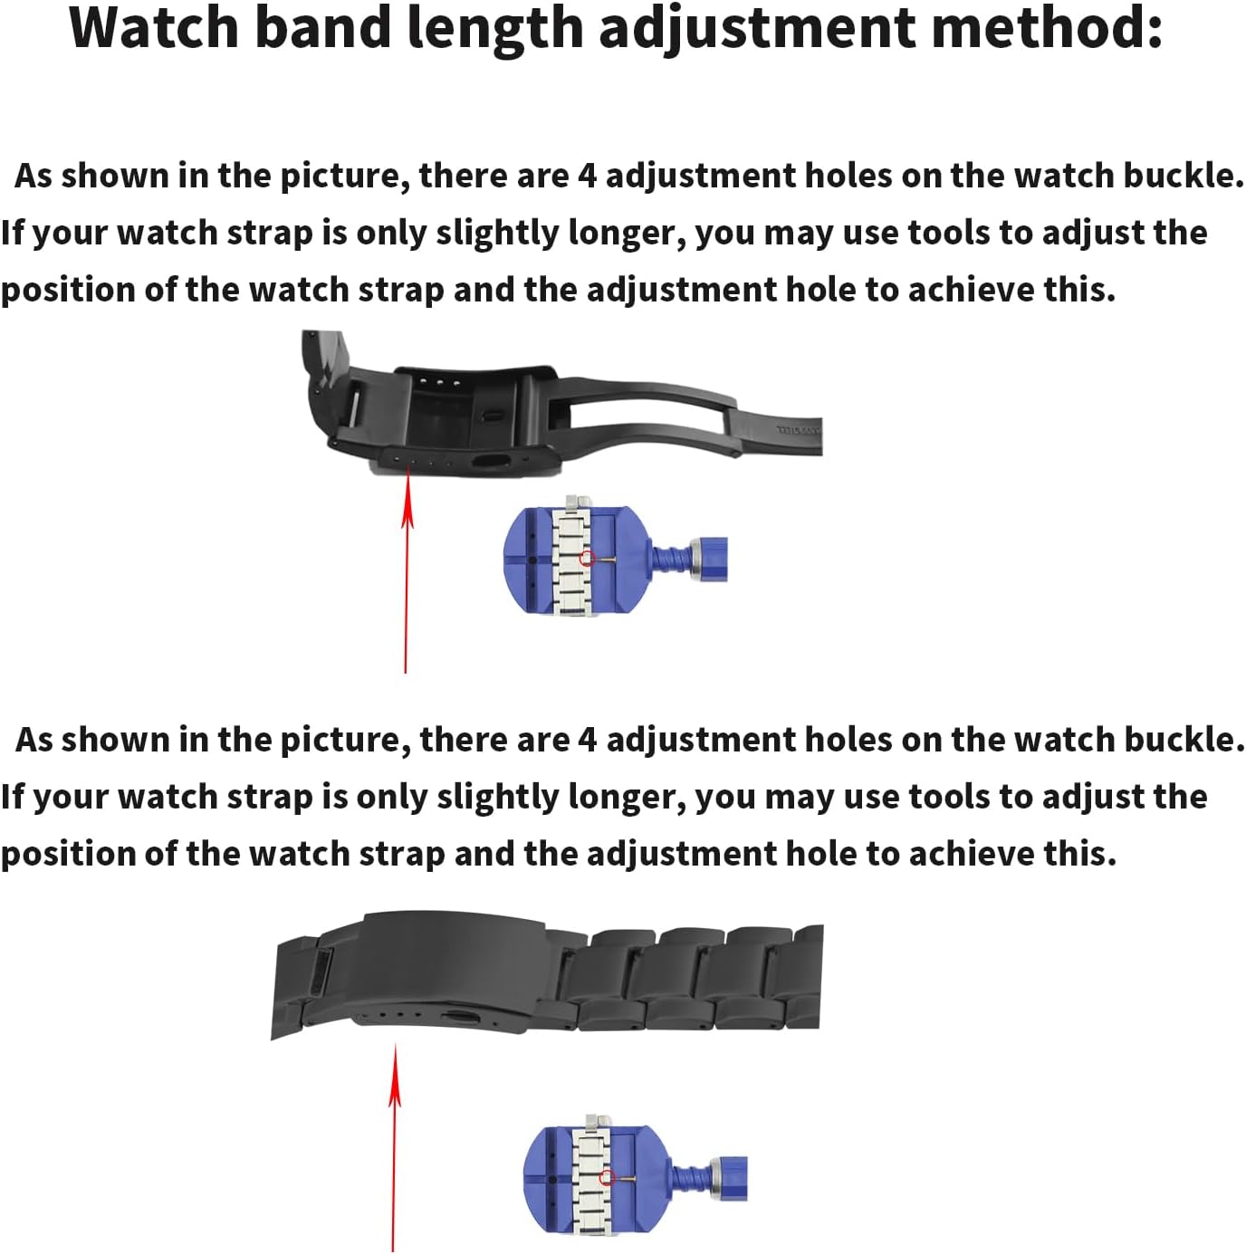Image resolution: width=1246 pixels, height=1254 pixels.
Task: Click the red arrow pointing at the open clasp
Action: [x=407, y=571]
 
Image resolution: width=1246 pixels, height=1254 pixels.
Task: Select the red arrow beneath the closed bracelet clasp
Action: [x=395, y=1147]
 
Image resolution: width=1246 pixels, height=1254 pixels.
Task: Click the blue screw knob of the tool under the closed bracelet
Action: [x=730, y=1178]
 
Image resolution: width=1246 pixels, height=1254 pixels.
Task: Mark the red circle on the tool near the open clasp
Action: [x=587, y=559]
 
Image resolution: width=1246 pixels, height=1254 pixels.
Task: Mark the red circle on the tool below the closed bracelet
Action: [x=607, y=1177]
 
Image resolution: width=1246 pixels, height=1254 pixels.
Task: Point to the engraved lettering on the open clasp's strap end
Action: [x=799, y=429]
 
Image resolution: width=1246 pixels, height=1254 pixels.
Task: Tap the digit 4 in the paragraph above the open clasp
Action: [x=587, y=177]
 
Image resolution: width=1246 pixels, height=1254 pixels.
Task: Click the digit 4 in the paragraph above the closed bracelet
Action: [x=587, y=740]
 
